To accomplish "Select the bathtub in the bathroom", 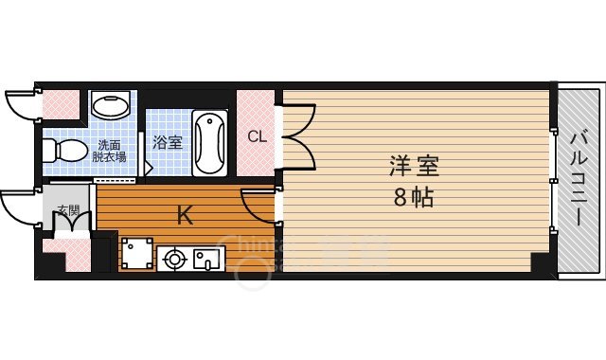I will coord(208,143).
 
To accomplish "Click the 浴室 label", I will coord(168,142).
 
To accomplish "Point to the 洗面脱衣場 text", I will coord(110,151).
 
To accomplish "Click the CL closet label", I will coord(257,136).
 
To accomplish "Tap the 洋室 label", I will coord(414,166).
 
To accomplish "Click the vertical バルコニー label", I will coord(579,180).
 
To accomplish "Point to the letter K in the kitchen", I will coord(186,216).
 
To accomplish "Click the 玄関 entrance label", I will coord(67,210).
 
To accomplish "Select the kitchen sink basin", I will coord(206,256).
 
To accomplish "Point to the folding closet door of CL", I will coord(295,135).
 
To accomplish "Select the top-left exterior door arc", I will coord(21,104).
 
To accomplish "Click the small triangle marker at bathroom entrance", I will coord(148,169).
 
